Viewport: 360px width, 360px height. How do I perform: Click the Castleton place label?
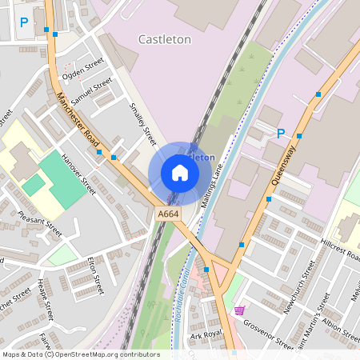click(x=166, y=38)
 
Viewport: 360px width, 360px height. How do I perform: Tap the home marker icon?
click(x=180, y=172)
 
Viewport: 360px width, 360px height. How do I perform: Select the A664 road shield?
click(x=167, y=214)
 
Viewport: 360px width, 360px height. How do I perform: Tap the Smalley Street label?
click(x=143, y=123)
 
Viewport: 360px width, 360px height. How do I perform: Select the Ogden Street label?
click(x=82, y=70)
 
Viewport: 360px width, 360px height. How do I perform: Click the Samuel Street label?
click(x=91, y=93)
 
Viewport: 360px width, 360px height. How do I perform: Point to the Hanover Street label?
click(x=78, y=175)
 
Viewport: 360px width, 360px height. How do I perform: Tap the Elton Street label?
click(x=96, y=274)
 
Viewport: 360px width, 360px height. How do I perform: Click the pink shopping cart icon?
click(x=239, y=310)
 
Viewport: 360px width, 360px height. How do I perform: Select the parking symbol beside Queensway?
click(x=280, y=134)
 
